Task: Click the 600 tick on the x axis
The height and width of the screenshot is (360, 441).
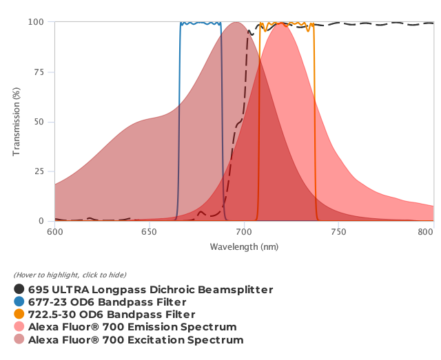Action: [x=55, y=233]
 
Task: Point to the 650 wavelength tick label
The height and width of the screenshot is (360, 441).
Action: [x=150, y=233]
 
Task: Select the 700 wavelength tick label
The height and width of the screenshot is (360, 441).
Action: [x=245, y=233]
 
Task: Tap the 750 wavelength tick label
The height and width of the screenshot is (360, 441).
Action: [x=339, y=233]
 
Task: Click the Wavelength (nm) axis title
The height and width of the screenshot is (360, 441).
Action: [x=244, y=246]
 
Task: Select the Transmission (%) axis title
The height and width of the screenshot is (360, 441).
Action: [x=17, y=122]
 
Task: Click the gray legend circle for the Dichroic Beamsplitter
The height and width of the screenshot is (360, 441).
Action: [x=19, y=290]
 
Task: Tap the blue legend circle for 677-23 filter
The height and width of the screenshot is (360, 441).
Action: [x=19, y=302]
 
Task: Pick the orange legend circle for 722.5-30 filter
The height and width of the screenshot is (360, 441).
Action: [x=19, y=315]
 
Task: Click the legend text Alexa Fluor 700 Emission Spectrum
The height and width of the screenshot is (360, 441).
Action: [x=132, y=327]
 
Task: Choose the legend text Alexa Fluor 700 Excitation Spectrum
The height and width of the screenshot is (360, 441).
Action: [x=136, y=340]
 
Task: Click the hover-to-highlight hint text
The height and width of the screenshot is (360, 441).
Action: [x=70, y=275]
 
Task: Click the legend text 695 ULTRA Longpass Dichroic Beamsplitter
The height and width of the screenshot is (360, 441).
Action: [x=150, y=290]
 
